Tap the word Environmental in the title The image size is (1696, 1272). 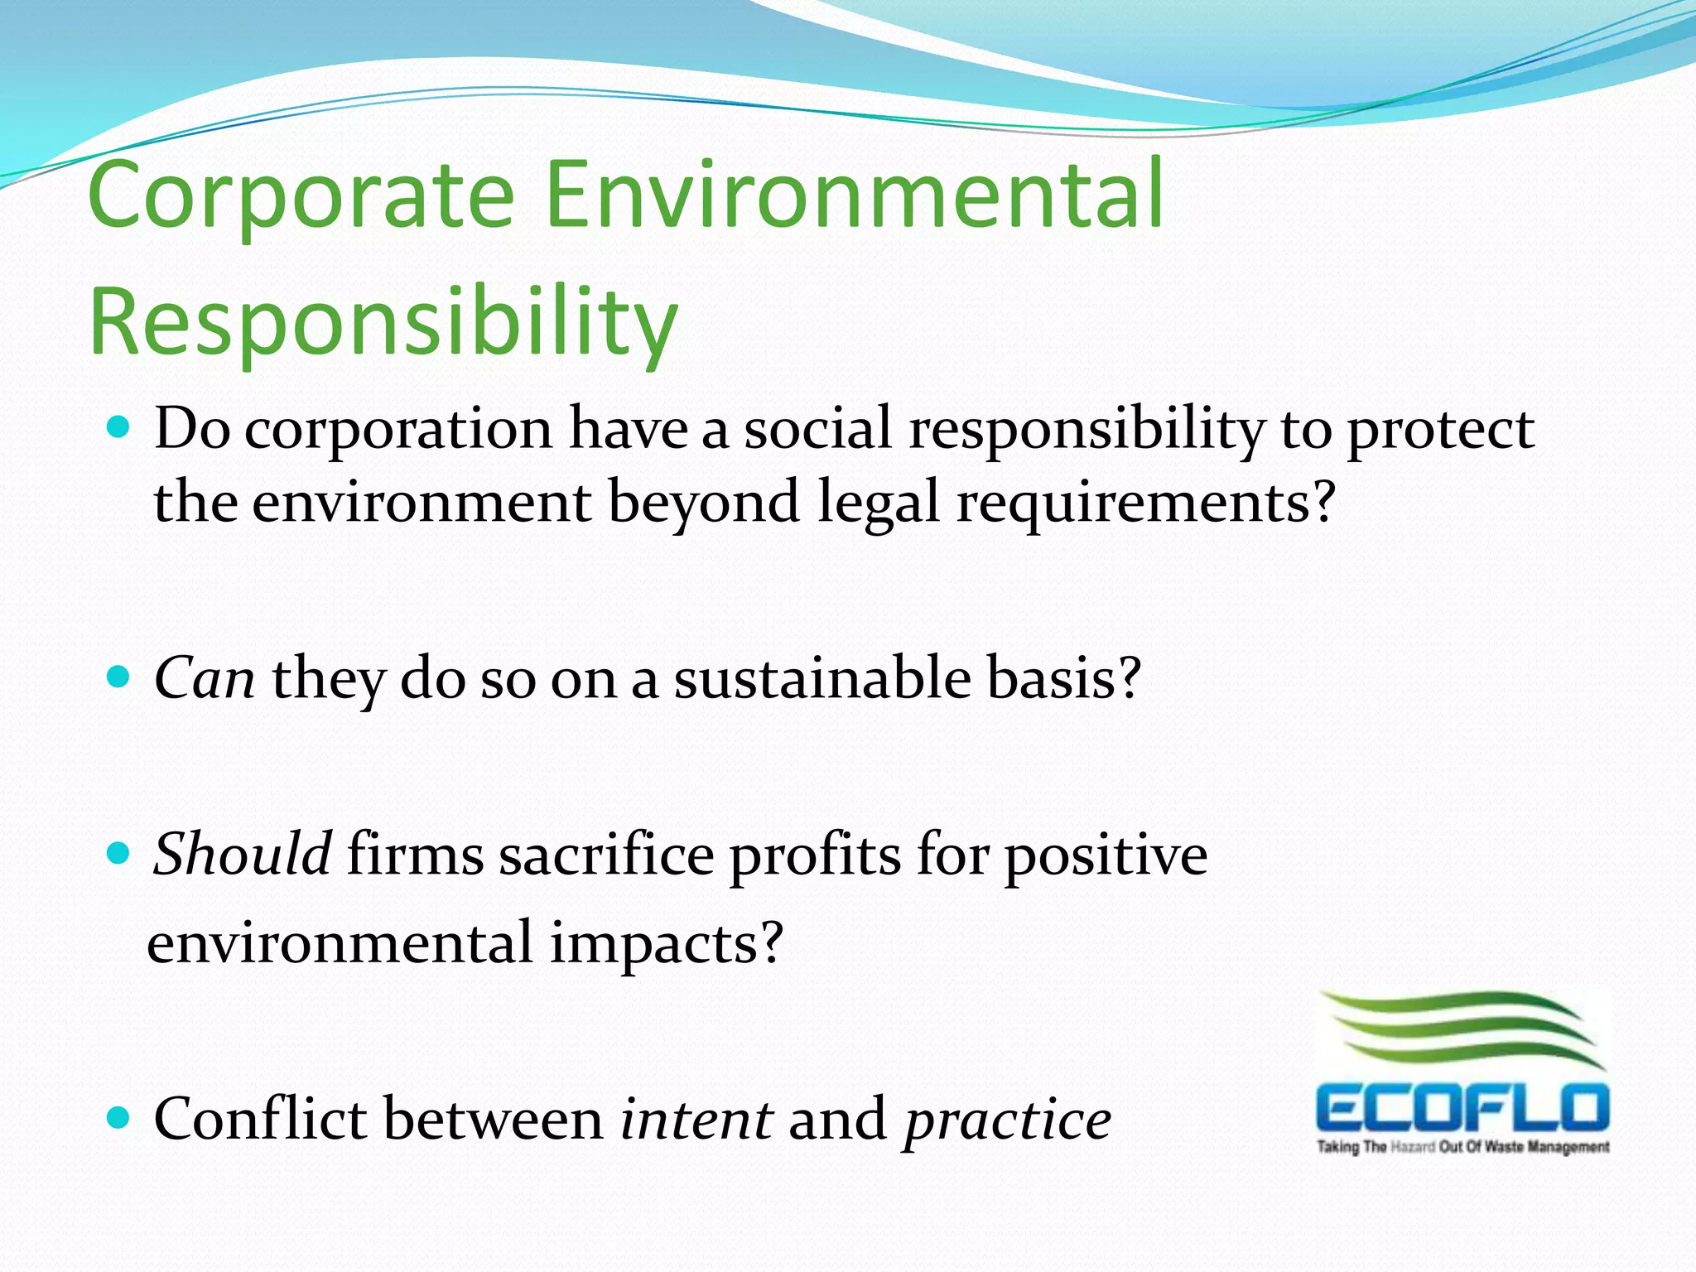855,195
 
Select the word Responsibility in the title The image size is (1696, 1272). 383,323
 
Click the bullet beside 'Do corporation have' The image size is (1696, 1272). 119,427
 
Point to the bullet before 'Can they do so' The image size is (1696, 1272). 119,677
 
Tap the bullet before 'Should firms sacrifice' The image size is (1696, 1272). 119,854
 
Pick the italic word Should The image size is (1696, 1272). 242,855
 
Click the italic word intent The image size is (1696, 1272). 696,1120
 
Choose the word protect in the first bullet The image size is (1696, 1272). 1441,431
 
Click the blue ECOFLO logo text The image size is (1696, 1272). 1462,1108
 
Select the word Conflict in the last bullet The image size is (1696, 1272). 260,1120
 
